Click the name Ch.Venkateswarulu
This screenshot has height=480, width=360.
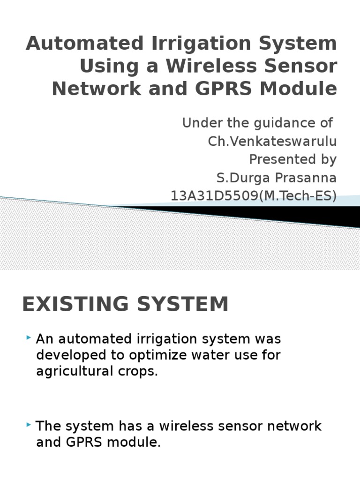pos(272,141)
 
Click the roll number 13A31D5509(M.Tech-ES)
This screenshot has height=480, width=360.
pos(254,196)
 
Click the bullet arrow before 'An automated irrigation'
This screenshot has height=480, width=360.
pos(29,337)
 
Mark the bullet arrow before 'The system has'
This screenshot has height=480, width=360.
pos(29,425)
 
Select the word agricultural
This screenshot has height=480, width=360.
pos(72,371)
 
